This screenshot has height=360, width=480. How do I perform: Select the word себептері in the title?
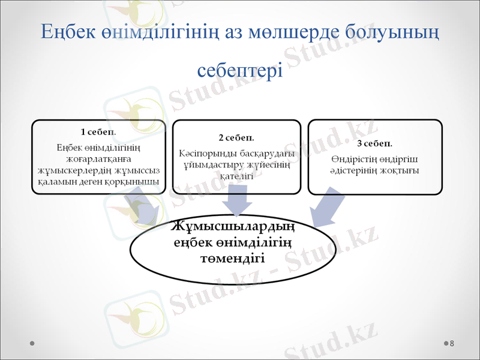240,71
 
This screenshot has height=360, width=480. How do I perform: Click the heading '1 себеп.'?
98,131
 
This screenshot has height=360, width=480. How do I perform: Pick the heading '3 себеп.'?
374,144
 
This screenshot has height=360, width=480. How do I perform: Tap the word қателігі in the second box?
236,176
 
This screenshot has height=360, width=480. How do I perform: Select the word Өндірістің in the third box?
354,159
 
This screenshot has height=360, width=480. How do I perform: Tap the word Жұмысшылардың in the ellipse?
233,229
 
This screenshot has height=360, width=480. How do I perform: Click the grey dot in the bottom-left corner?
31,344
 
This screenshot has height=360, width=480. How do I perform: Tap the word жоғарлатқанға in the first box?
98,158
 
